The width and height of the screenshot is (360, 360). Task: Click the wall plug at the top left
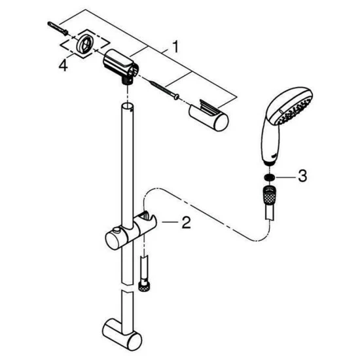point(56,27)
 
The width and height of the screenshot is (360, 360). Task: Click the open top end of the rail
point(128,107)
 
